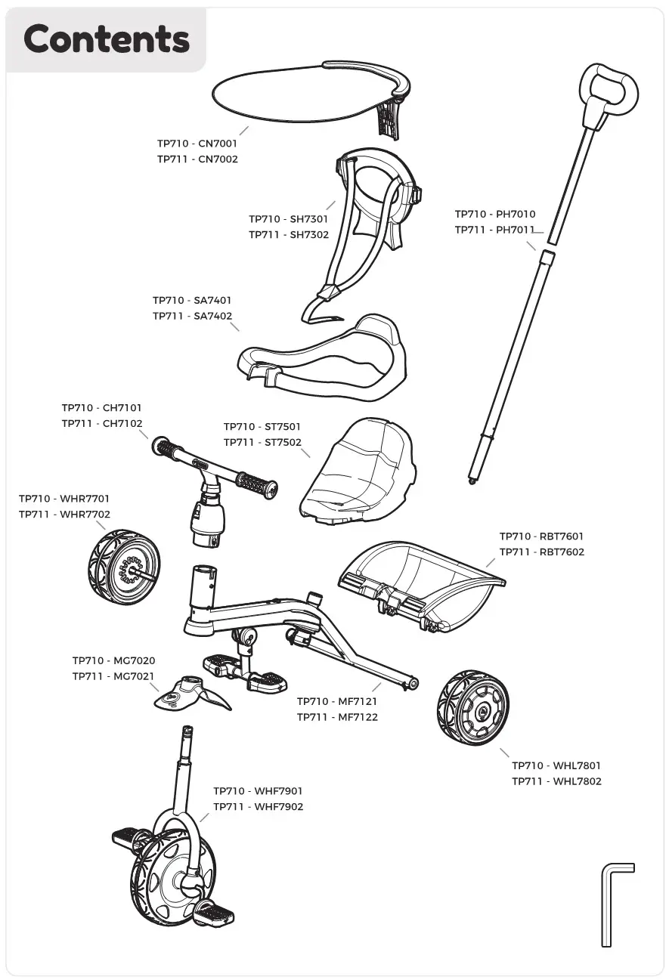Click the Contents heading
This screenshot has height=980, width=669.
tap(106, 39)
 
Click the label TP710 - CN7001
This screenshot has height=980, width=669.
tap(197, 144)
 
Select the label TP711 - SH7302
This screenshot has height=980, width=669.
tap(289, 235)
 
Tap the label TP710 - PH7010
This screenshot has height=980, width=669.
tap(495, 215)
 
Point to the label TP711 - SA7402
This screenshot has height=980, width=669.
tap(192, 317)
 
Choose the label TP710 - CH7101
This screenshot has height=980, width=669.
tap(101, 408)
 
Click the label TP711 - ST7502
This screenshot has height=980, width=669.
tap(262, 443)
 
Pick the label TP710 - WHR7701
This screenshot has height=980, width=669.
tap(64, 499)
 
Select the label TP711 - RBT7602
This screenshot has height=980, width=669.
tap(541, 552)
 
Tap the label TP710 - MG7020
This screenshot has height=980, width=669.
tap(113, 661)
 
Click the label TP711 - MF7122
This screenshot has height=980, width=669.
tap(337, 717)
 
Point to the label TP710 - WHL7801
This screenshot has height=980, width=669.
tap(556, 765)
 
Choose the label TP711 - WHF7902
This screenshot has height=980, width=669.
tap(258, 807)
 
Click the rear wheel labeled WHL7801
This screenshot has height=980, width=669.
tap(472, 709)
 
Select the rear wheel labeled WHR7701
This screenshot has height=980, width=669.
tap(124, 567)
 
